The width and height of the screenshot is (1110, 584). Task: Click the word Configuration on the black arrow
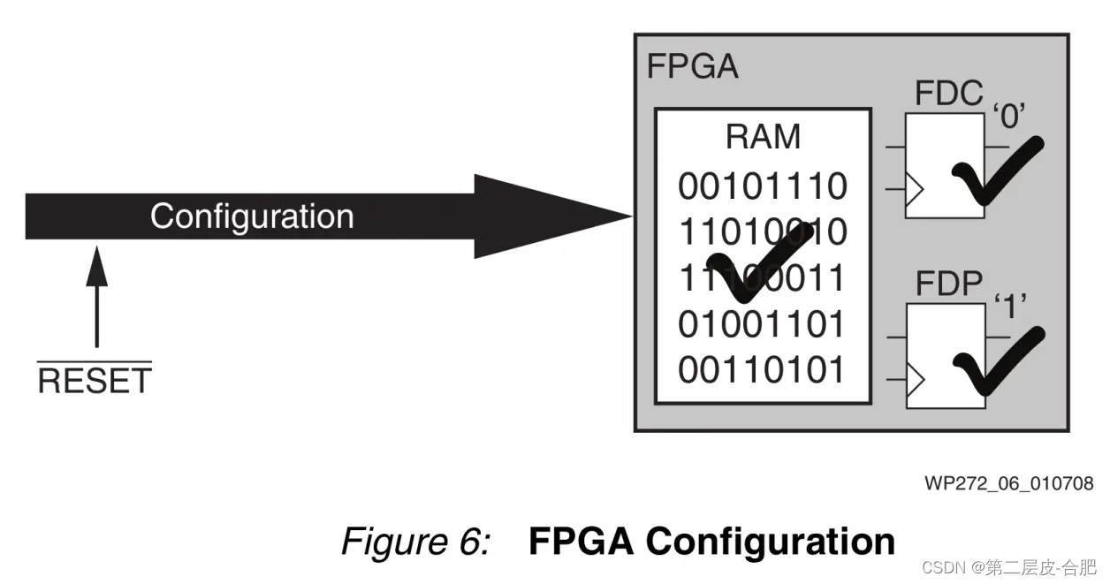251,216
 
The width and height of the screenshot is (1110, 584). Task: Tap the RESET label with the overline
95,381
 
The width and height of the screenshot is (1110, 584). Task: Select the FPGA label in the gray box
692,67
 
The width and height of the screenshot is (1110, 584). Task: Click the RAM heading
763,138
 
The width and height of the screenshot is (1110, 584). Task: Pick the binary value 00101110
763,186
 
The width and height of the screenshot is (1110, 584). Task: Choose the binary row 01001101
763,325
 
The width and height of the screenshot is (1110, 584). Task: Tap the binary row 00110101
763,370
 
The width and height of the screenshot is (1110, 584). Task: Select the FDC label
948,93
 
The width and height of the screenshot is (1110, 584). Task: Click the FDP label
948,284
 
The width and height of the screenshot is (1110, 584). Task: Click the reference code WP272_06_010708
1008,483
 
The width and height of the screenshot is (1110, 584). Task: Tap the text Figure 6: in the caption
415,541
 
